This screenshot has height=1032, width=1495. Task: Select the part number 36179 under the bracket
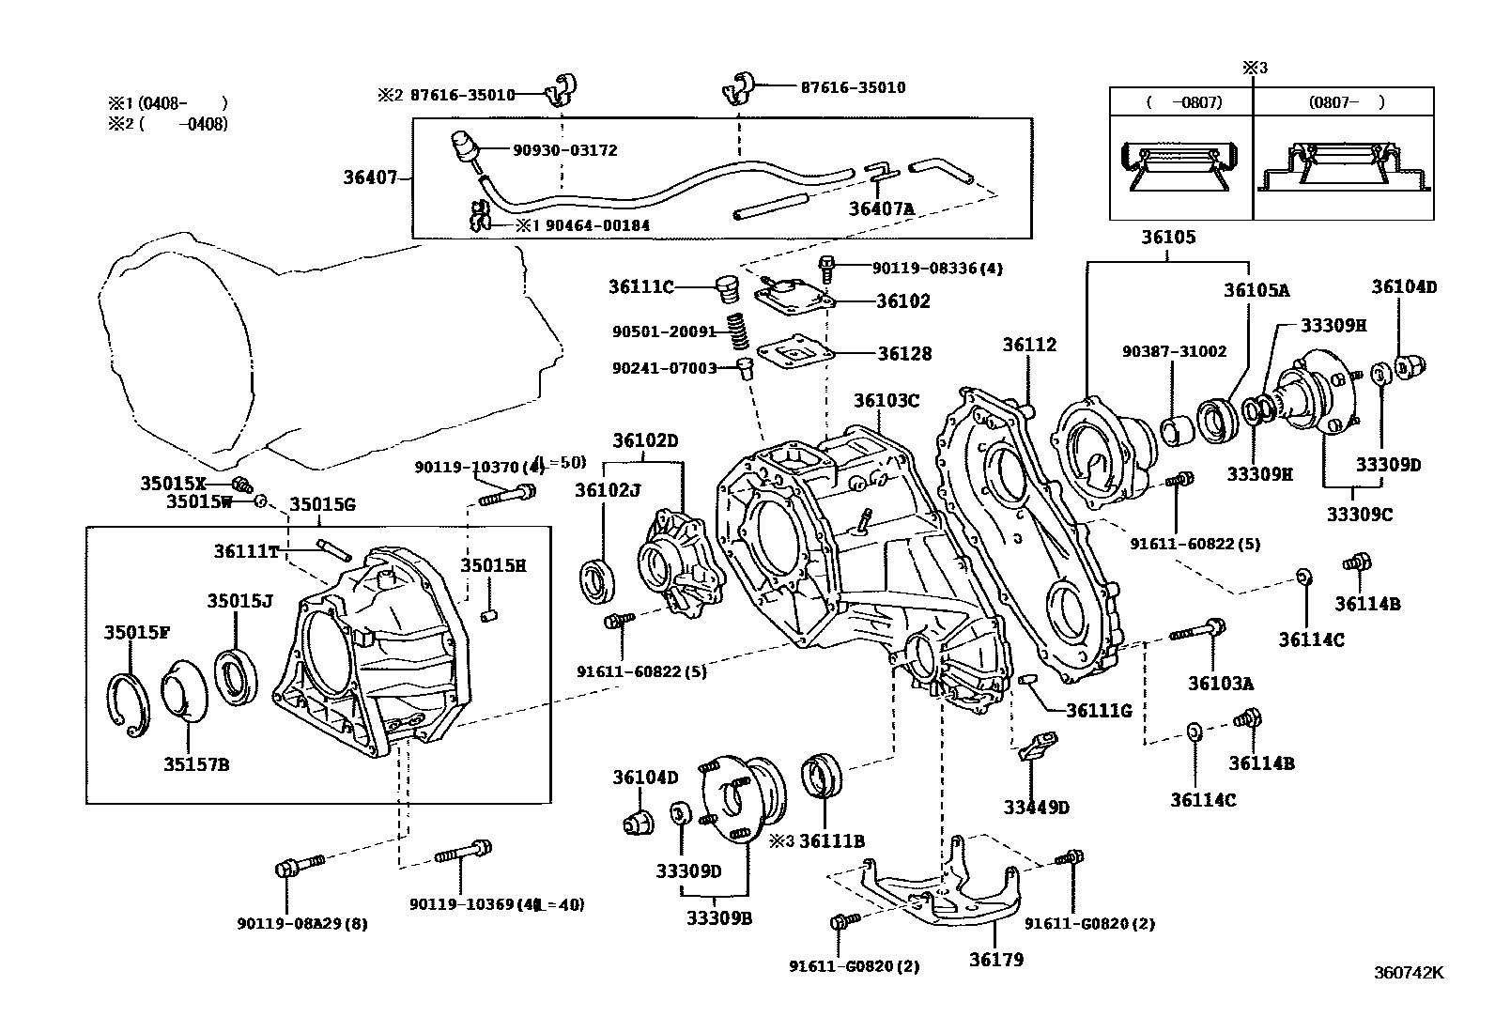click(x=995, y=960)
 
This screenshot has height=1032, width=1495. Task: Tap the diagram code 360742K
click(x=1408, y=973)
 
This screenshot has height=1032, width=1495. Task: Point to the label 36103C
click(x=886, y=400)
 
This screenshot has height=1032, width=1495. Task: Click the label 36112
click(x=1028, y=345)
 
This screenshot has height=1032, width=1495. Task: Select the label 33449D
click(x=1036, y=807)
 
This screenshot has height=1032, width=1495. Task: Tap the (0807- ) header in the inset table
click(x=1345, y=102)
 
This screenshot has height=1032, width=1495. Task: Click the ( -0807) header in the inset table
click(x=1182, y=102)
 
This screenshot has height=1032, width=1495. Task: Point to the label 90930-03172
click(x=564, y=150)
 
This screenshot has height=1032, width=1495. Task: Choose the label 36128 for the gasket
click(x=904, y=354)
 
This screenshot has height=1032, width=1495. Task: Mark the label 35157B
click(x=196, y=764)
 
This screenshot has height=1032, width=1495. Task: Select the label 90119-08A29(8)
click(x=301, y=923)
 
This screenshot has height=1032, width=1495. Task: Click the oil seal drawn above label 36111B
click(x=823, y=778)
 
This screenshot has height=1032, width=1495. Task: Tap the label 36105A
click(x=1256, y=290)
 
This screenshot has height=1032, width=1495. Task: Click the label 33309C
click(x=1359, y=515)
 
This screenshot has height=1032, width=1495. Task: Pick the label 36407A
click(x=881, y=208)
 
